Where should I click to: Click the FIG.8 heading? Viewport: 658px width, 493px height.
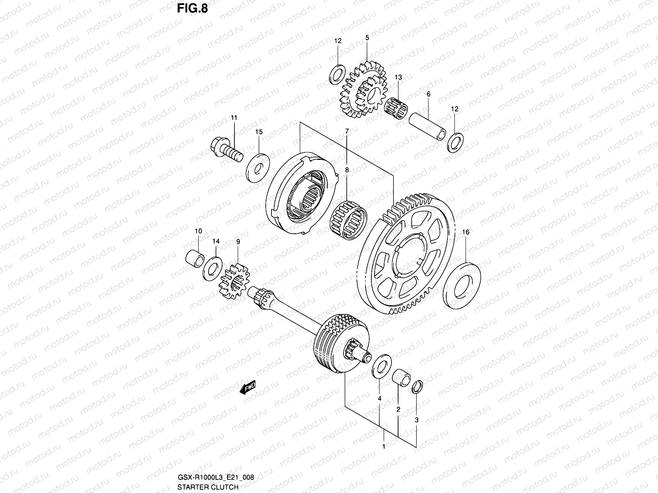192,9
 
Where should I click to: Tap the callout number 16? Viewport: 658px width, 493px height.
466,232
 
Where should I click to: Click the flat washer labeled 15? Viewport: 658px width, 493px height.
258,167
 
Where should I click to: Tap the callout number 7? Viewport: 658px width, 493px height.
347,131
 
